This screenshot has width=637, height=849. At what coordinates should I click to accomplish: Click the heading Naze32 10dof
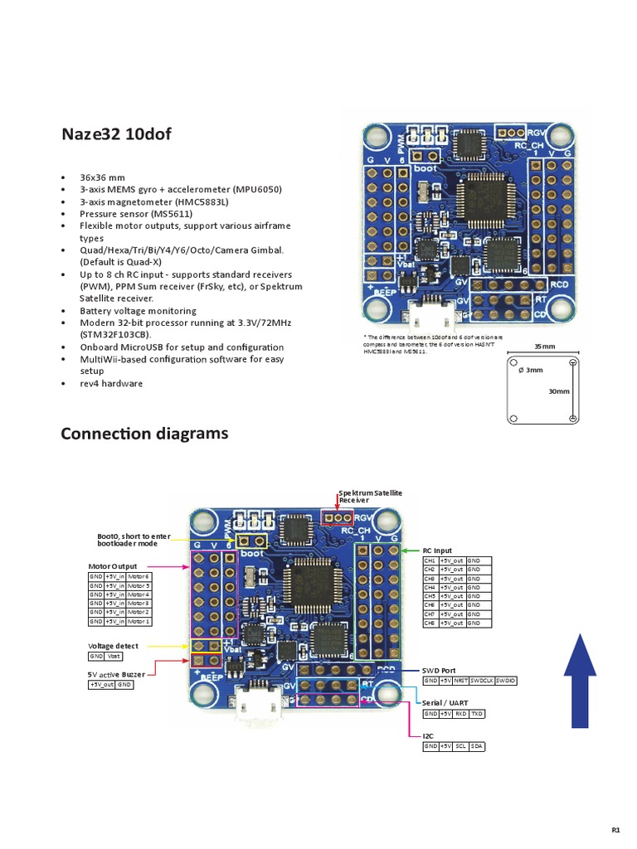[116, 133]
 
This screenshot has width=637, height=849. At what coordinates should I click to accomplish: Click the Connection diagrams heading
[144, 434]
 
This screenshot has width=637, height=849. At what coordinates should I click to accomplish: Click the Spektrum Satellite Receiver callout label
[370, 496]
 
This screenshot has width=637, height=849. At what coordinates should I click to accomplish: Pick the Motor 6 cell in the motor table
[139, 575]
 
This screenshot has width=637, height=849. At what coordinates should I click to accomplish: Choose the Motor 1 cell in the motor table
[139, 621]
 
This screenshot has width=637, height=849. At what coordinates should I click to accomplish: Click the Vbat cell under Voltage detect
[114, 656]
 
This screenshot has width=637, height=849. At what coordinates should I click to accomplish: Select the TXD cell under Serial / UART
[476, 713]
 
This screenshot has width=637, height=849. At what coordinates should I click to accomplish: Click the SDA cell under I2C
[476, 746]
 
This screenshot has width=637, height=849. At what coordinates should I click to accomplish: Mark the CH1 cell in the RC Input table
[430, 560]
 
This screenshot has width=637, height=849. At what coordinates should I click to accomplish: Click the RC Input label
[437, 550]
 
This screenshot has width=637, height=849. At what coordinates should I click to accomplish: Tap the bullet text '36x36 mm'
[102, 177]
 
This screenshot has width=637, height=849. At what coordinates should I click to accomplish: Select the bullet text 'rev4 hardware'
[111, 384]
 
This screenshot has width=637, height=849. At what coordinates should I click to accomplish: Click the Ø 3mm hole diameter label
[530, 370]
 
